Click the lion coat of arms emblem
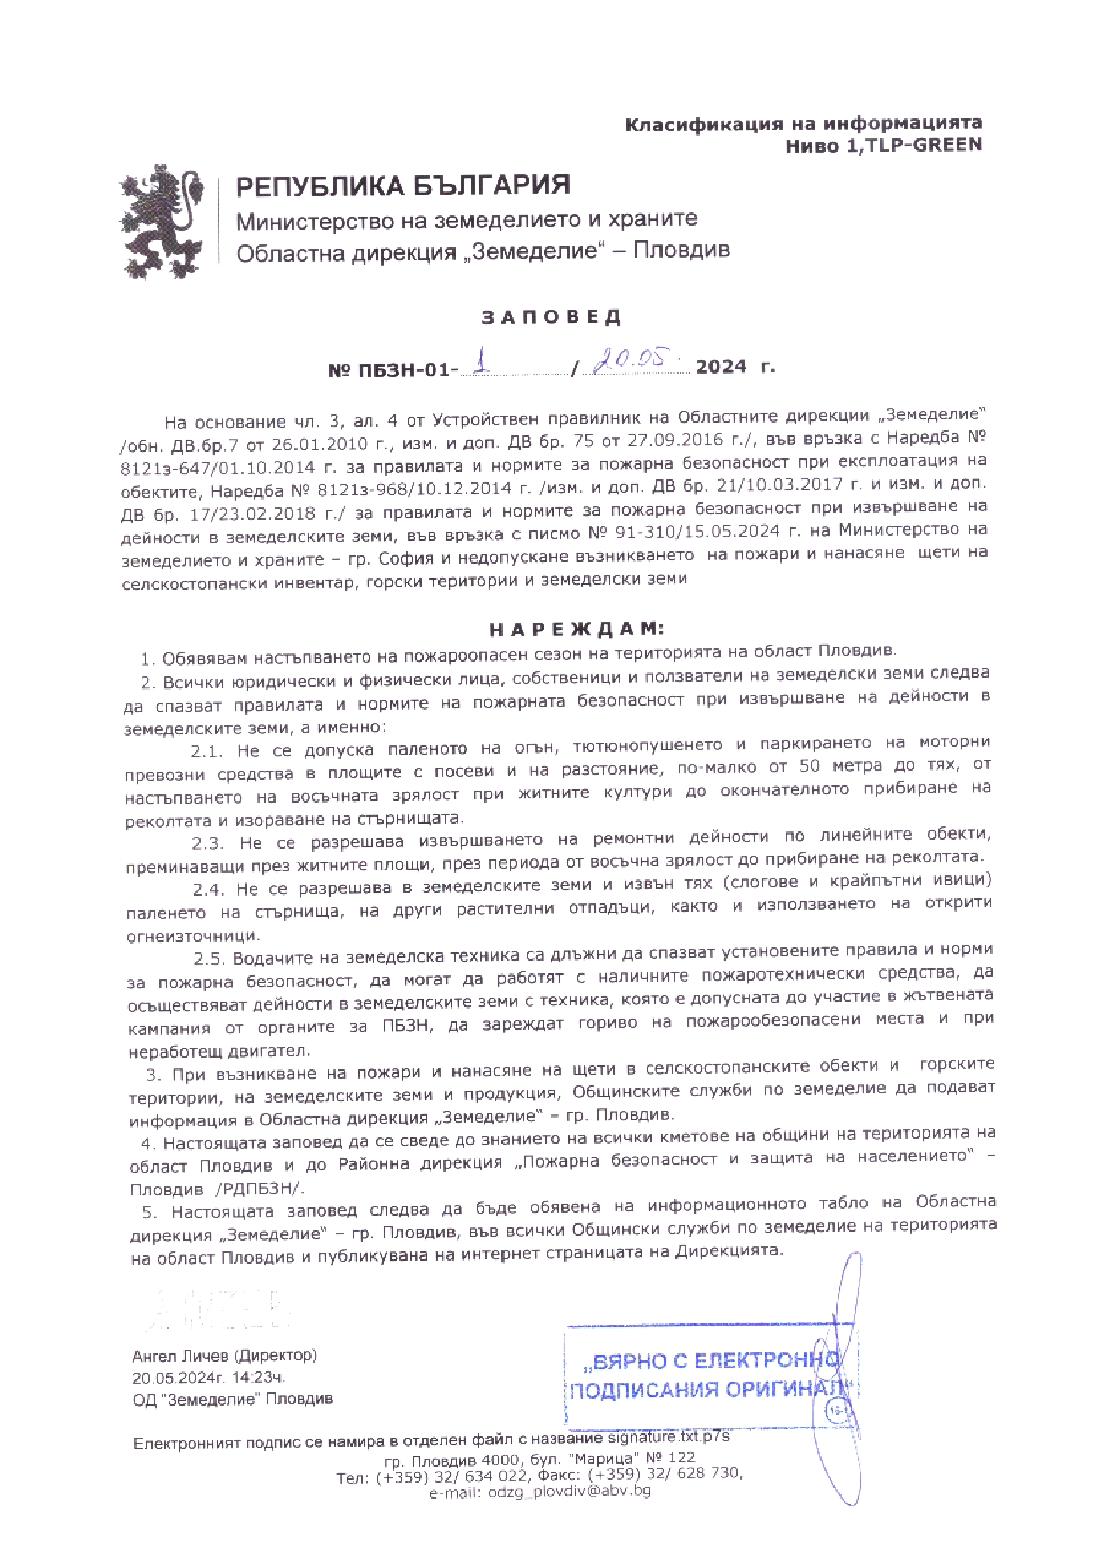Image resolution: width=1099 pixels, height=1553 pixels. (x=162, y=221)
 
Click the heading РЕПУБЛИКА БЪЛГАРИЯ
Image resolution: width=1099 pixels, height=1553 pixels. (x=403, y=186)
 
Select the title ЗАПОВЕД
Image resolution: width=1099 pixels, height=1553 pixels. (x=551, y=317)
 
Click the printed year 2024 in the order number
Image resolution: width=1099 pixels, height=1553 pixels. (x=721, y=367)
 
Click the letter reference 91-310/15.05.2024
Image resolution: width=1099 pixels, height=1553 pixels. (x=698, y=532)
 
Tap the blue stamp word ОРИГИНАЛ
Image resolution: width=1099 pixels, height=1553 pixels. (x=785, y=1389)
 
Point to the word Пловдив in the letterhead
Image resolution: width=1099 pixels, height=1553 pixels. (x=681, y=250)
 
